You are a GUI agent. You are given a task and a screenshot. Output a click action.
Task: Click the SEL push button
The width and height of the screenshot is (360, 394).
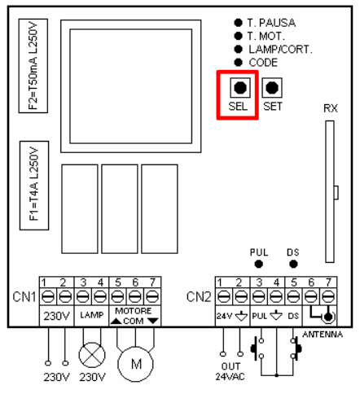[240, 88]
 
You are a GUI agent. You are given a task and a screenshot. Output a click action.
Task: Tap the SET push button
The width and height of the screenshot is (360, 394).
[272, 88]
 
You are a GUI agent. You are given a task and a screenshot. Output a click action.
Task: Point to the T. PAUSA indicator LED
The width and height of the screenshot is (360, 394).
[238, 23]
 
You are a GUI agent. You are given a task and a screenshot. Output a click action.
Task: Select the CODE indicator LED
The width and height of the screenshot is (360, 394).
[238, 63]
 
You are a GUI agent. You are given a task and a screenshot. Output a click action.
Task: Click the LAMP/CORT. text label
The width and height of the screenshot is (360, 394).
[280, 50]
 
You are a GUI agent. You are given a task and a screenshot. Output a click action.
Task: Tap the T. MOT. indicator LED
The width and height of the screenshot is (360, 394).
[238, 36]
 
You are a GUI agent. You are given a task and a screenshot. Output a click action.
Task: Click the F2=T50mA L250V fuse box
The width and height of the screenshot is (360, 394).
[33, 66]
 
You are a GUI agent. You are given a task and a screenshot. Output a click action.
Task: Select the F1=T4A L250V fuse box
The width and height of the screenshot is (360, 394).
[34, 186]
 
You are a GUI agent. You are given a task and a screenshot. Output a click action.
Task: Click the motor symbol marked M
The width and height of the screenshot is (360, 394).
[135, 364]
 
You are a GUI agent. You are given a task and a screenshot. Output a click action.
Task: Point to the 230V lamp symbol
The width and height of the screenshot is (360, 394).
[92, 355]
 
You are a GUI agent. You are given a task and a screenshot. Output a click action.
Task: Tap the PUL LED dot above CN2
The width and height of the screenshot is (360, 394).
[258, 264]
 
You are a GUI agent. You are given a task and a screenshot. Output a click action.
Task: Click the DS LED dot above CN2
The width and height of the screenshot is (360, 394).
[293, 264]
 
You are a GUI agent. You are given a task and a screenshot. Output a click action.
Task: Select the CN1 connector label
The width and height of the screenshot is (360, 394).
[24, 297]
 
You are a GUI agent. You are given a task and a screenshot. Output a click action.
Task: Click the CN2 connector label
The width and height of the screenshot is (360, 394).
[199, 297]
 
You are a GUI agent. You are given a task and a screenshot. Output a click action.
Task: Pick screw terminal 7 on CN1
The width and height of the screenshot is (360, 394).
[152, 296]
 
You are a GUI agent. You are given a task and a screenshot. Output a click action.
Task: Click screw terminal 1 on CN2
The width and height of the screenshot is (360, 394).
[223, 296]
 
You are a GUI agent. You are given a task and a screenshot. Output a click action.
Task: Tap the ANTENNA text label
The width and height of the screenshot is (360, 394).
[323, 335]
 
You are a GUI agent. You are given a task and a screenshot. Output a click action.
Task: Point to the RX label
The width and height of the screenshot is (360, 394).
[331, 108]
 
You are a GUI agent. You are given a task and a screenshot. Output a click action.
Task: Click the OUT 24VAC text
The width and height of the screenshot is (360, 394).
[230, 371]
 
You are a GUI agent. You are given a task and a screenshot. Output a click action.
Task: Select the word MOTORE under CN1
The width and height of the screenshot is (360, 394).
[134, 311]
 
